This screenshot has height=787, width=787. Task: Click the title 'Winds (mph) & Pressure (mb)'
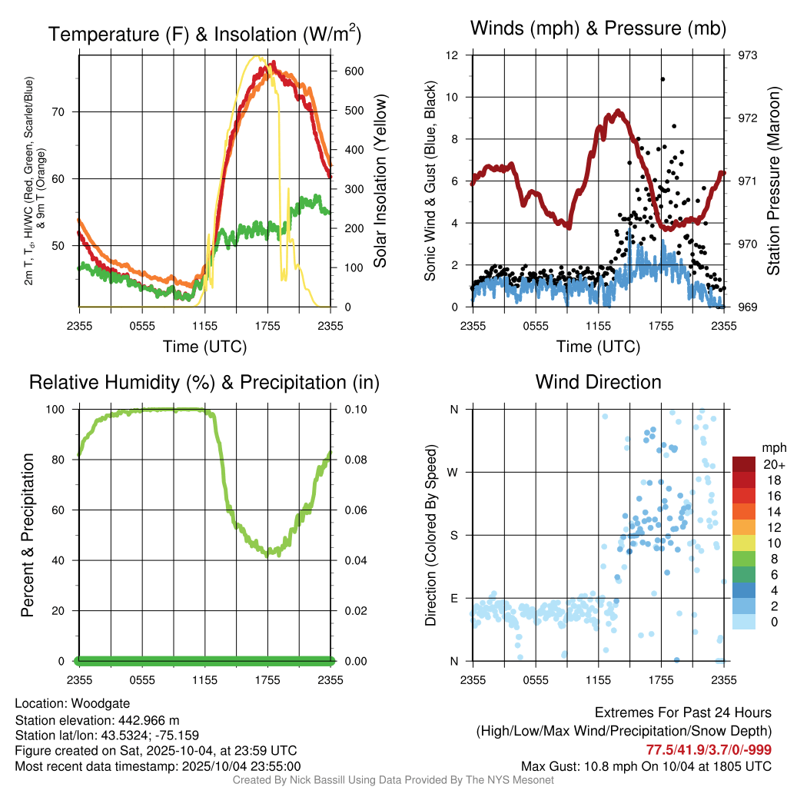[598, 29]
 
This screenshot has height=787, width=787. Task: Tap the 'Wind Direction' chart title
[598, 382]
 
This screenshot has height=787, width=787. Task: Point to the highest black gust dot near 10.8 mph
[662, 79]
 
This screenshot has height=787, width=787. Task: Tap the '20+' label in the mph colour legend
[772, 465]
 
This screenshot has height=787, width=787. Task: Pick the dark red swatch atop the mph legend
[744, 464]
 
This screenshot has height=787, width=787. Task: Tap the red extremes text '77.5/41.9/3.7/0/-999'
[709, 749]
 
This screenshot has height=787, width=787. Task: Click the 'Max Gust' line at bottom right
[646, 765]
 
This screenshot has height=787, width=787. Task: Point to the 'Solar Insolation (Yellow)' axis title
[380, 181]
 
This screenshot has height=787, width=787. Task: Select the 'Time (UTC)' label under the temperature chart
[204, 347]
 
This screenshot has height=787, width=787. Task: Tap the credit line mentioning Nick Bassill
[393, 780]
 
